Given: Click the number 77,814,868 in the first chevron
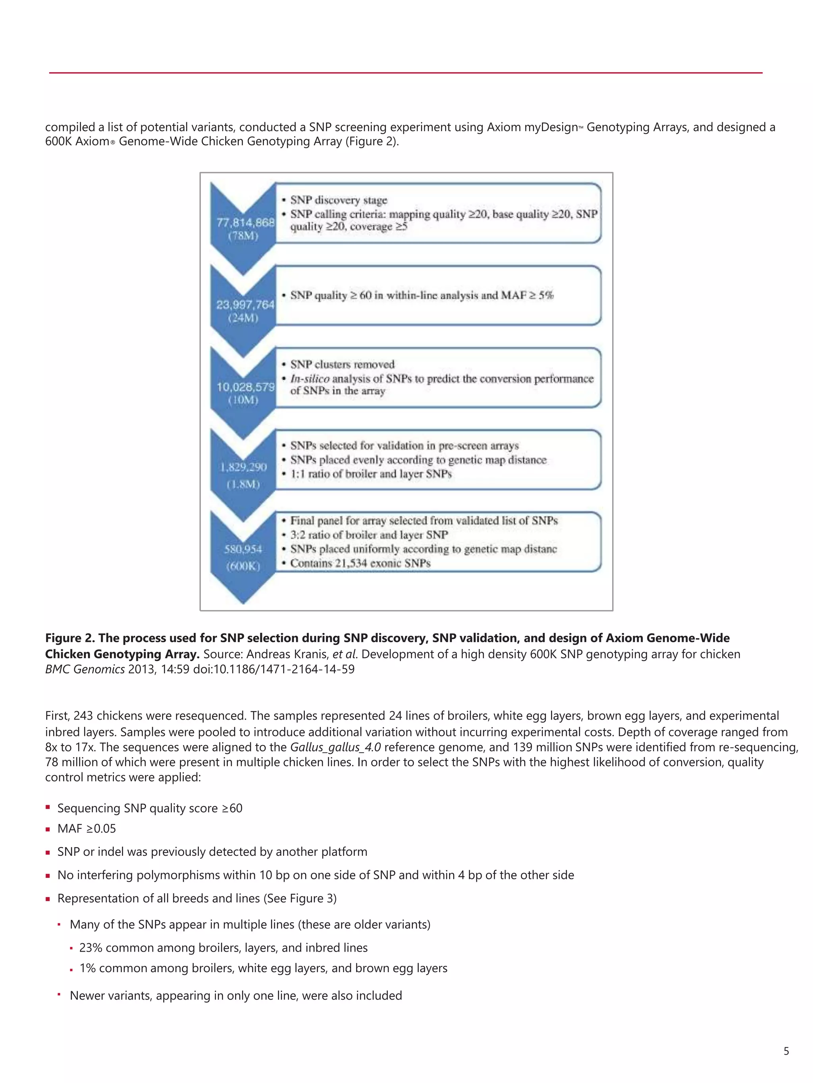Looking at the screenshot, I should point(245,223).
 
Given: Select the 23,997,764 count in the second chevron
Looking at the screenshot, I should point(245,305).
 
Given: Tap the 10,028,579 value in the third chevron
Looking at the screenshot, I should point(245,387).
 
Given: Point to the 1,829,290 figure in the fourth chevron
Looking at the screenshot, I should point(243,467).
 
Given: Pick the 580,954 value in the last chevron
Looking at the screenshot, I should point(243,549).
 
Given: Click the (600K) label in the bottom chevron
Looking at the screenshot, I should point(243,566).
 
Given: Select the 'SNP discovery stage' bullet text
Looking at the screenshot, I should point(338,200).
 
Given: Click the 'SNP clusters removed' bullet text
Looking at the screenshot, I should point(342,364).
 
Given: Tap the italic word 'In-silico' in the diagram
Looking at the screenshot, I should point(309,379).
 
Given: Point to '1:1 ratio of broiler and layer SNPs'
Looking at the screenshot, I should point(370,474).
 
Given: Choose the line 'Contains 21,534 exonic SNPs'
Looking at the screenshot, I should point(360,563).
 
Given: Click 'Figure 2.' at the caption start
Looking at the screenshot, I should point(70,638).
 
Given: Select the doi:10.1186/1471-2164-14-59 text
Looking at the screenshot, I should point(274,669).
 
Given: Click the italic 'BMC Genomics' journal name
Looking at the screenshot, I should point(85,669).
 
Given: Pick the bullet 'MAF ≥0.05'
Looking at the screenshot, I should point(87,828).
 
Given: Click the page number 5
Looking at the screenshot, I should point(786,1051).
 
